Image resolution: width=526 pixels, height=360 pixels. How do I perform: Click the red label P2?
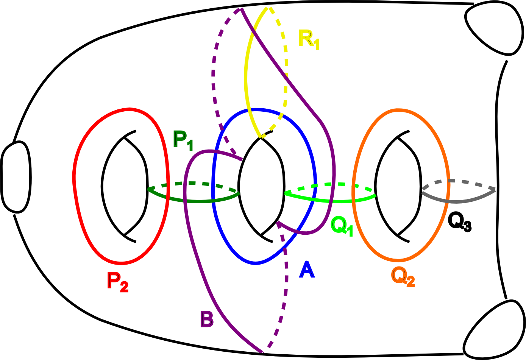(117, 282)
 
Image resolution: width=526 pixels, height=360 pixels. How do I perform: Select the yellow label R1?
(309, 39)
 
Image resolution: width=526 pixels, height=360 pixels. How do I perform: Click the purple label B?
(207, 319)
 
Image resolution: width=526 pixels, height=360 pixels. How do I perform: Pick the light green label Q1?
(342, 226)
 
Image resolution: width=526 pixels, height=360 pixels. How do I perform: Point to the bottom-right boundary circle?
(495, 329)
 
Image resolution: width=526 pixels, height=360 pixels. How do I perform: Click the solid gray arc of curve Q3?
(458, 201)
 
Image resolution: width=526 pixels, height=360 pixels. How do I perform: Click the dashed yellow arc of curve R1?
(285, 76)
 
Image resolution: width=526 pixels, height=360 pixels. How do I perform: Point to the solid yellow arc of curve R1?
(247, 76)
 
